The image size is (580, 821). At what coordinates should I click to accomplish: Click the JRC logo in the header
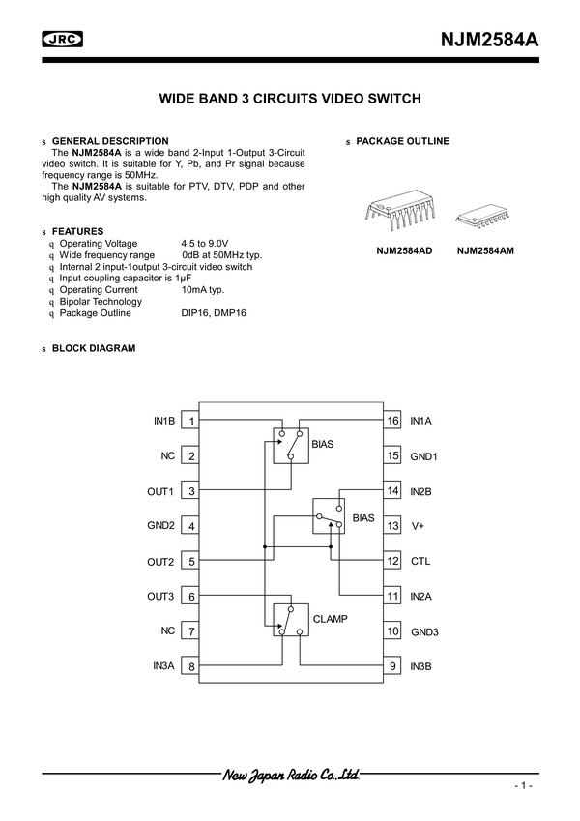(x=63, y=39)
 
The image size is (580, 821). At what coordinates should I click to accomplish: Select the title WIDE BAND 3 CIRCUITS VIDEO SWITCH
(x=290, y=99)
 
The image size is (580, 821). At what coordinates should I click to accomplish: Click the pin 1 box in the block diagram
(x=192, y=421)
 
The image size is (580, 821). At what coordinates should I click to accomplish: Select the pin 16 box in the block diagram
(x=392, y=421)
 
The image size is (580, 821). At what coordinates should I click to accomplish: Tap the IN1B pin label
(x=163, y=421)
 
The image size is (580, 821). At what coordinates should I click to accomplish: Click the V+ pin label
(x=419, y=526)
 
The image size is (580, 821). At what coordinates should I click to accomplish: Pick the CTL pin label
(x=420, y=561)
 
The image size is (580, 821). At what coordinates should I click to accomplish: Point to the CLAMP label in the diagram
(x=329, y=617)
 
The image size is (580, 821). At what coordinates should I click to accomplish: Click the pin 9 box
(x=392, y=666)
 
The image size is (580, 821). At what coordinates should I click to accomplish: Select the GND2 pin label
(x=160, y=526)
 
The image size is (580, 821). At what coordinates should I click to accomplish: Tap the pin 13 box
(x=392, y=526)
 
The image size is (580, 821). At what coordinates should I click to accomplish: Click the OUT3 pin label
(x=160, y=596)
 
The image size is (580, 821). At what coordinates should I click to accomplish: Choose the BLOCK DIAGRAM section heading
(x=94, y=348)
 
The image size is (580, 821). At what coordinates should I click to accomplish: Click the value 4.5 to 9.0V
(x=205, y=243)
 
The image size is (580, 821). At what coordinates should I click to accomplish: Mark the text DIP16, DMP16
(x=214, y=313)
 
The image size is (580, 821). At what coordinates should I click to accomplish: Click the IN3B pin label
(x=421, y=666)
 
